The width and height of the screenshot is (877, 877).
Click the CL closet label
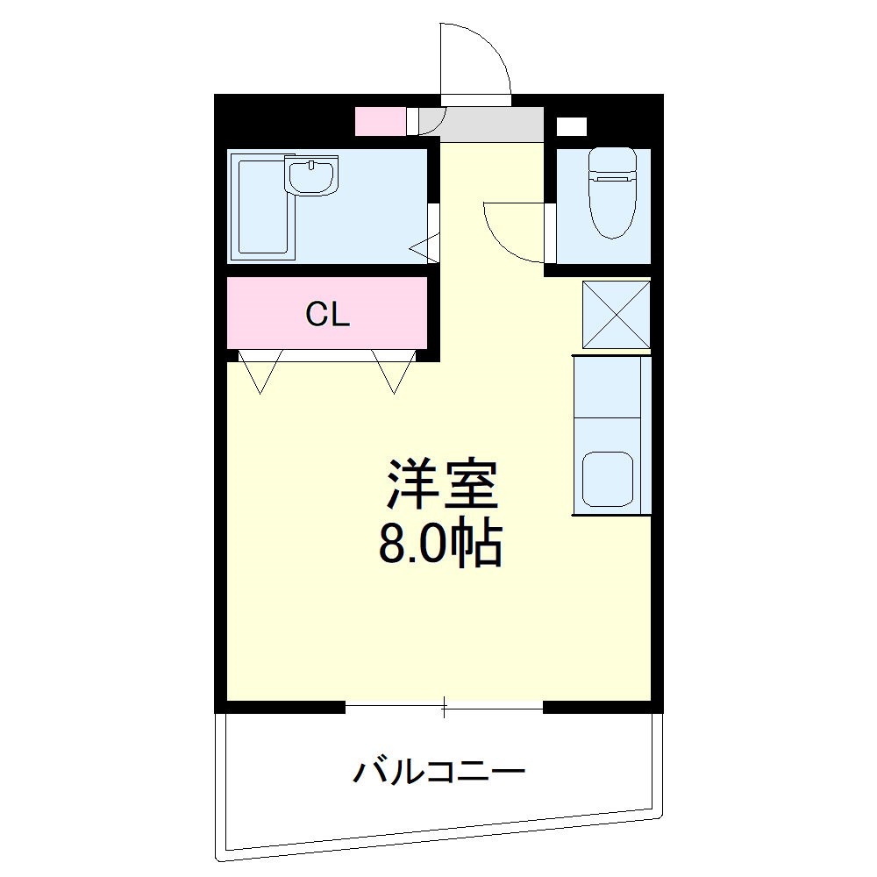tap(328, 314)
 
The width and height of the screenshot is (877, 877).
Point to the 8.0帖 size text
tap(439, 545)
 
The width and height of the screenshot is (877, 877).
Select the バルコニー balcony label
tap(438, 772)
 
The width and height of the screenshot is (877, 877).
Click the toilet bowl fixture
tap(611, 210)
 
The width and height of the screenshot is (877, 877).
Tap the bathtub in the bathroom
tap(261, 209)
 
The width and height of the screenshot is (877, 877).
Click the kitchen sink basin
tap(609, 479)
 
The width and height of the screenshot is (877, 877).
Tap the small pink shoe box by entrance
tap(380, 121)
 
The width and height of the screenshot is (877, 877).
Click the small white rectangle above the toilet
tap(572, 125)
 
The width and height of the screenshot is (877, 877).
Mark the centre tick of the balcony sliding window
tap(445, 706)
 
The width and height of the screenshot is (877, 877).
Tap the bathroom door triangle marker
tap(424, 249)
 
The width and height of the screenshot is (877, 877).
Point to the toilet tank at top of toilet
tap(611, 163)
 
